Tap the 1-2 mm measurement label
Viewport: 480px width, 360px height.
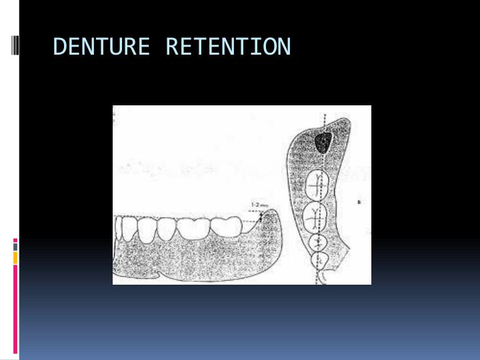259,205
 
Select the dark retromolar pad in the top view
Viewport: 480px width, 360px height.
323,141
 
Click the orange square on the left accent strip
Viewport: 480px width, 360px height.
15,257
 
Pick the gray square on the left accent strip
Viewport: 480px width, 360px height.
15,245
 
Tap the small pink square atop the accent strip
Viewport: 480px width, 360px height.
15,239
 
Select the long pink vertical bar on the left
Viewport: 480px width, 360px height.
15,307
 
